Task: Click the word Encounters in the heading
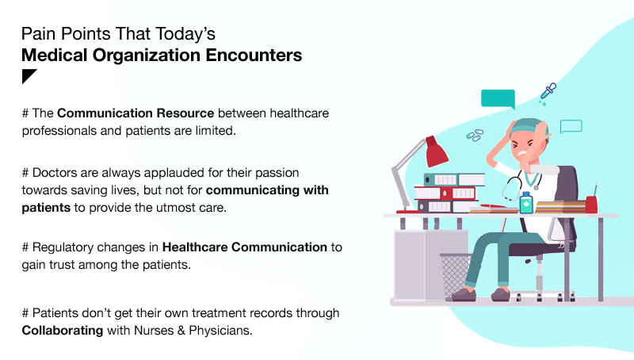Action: click(254, 55)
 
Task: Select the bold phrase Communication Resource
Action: click(136, 113)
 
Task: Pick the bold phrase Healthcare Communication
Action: click(245, 247)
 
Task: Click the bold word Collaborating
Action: click(63, 331)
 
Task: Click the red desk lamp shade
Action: click(437, 152)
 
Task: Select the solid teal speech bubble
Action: click(498, 98)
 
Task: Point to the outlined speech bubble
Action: click(571, 126)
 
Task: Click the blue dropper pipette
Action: click(548, 90)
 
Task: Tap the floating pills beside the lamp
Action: click(475, 135)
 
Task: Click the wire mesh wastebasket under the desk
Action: click(455, 276)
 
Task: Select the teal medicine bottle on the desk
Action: click(525, 203)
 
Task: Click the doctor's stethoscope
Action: click(520, 186)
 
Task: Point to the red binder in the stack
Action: click(445, 193)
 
